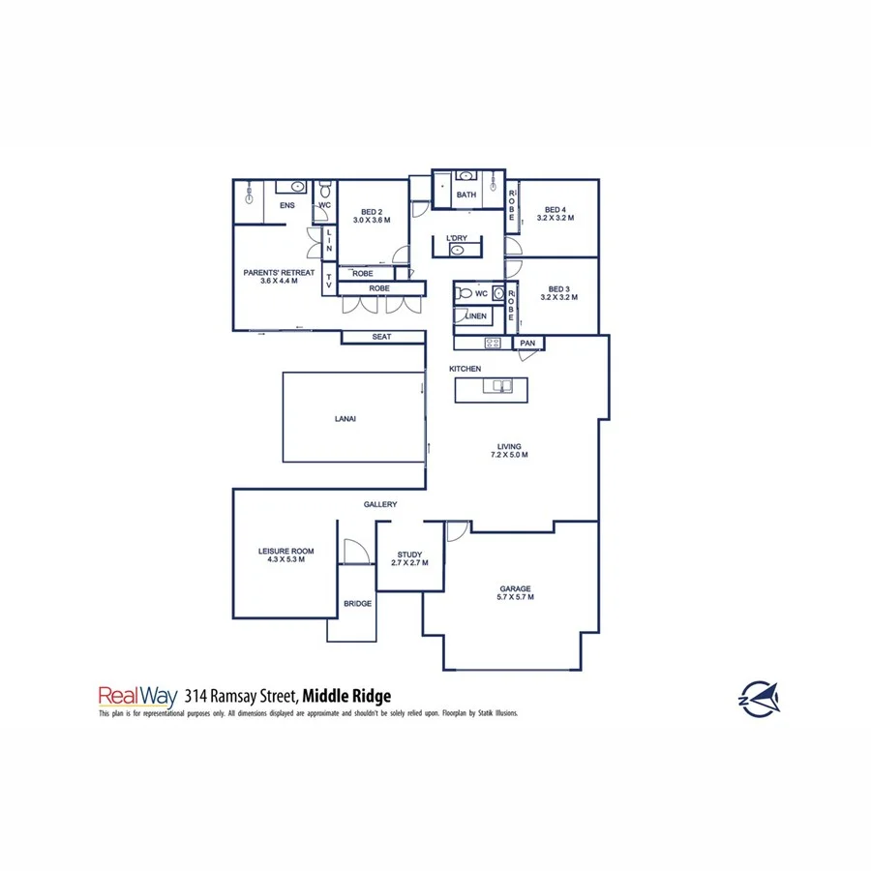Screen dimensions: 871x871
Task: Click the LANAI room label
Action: click(x=345, y=419)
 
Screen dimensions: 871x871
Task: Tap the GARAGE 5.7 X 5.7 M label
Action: click(x=516, y=593)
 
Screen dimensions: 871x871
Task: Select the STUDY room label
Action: click(x=409, y=558)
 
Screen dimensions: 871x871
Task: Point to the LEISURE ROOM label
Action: click(x=285, y=556)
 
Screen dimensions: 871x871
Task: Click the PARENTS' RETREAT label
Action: click(x=279, y=277)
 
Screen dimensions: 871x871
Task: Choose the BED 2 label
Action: click(x=372, y=216)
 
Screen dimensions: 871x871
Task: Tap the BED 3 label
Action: click(x=558, y=293)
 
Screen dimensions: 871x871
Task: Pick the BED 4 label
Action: click(x=556, y=214)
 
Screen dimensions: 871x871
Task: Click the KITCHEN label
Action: click(x=465, y=370)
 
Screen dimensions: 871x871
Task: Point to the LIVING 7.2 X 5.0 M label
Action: click(x=508, y=450)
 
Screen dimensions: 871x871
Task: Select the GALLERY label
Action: click(x=380, y=504)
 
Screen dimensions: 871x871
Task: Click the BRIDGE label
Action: click(x=357, y=604)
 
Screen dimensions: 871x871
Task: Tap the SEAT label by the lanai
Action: click(x=381, y=337)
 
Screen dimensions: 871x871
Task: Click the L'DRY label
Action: click(x=456, y=238)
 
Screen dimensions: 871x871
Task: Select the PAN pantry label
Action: click(x=527, y=344)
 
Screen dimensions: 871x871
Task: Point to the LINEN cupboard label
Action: click(x=476, y=316)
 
